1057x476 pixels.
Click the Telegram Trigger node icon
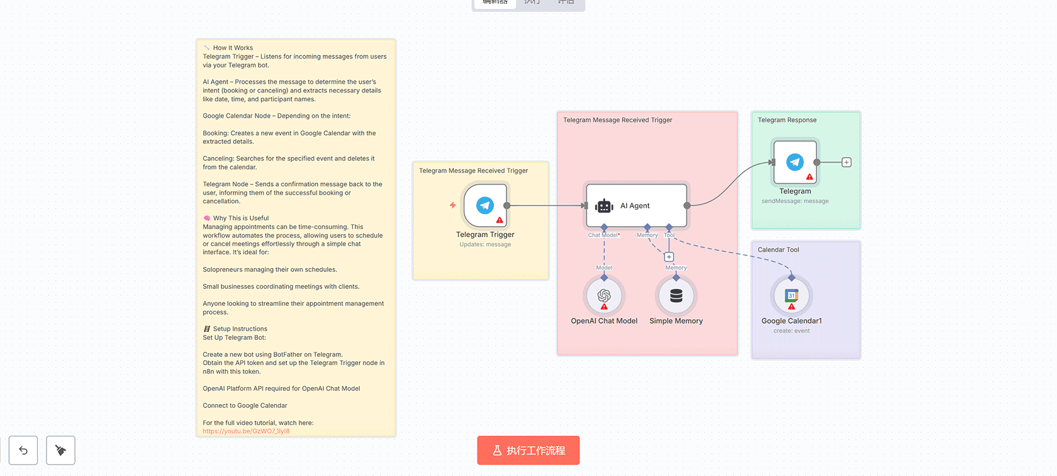pos(485,205)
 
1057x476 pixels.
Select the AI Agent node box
pos(636,206)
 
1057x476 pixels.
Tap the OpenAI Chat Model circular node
pos(604,295)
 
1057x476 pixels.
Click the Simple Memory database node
pos(676,295)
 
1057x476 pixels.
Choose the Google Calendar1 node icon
pos(791,295)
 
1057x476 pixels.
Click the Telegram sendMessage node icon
pos(795,162)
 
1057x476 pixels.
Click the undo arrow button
pos(23,450)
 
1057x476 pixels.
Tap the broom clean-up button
pos(60,450)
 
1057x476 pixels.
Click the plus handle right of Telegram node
pos(847,162)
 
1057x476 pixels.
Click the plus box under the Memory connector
pos(669,257)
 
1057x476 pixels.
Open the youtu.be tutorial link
pos(246,431)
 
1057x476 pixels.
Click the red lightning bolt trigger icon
pos(452,205)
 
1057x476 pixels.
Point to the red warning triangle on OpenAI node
pos(604,307)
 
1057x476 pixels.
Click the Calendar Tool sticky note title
pos(778,250)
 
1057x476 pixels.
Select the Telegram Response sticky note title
pos(787,120)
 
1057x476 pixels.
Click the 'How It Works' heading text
pos(233,48)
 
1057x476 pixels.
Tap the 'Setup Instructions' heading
pos(240,329)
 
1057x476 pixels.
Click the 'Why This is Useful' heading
pos(240,218)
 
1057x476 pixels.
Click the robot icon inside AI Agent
pos(604,206)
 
